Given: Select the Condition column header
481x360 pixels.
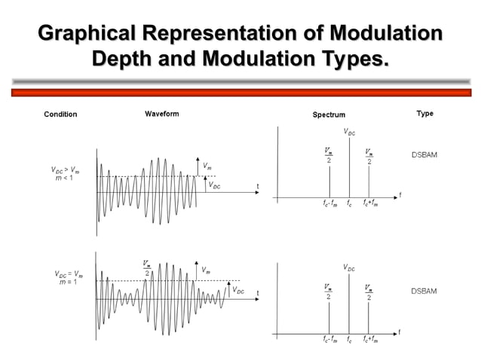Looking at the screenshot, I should pos(61,114).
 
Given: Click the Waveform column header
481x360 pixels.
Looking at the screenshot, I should pos(162,114).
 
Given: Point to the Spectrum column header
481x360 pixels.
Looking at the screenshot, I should pos(329,114).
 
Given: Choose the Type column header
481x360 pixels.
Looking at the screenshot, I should pos(424,114).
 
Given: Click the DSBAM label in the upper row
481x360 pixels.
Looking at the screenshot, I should pos(424,154).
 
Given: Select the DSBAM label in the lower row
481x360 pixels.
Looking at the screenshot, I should pos(424,291).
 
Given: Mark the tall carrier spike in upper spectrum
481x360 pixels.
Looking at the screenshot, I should pos(349,166).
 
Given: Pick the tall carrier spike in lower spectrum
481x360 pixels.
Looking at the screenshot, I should pos(349,301).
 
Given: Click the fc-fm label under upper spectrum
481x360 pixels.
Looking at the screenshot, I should pos(329,203).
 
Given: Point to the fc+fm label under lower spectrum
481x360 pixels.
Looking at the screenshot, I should pos(370,340).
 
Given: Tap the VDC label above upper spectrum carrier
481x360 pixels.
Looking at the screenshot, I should pos(349,132).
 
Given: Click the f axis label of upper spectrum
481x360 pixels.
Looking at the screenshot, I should pos(400,194).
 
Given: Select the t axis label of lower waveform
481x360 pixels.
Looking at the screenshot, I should pos(258,293).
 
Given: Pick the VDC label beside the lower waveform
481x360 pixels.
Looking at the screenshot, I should pos(237,290).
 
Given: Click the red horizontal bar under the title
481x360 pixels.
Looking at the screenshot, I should pos(240,92).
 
